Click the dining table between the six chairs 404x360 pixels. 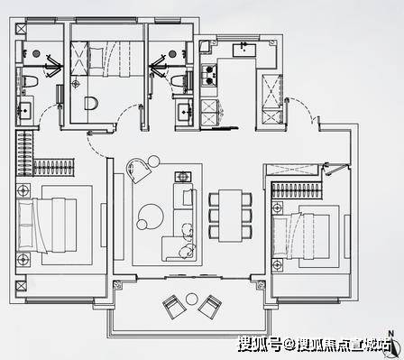230,216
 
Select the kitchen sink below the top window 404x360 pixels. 244,50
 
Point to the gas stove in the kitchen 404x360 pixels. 209,74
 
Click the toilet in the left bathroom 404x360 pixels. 31,82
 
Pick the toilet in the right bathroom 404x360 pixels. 179,81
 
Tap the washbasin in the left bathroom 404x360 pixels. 24,110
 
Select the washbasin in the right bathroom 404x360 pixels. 184,112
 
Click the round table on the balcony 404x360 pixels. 191,299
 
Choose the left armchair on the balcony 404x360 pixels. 174,307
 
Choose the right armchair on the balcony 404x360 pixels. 210,307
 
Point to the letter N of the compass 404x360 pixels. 390,334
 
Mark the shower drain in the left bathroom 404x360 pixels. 36,53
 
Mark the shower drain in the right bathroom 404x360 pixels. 172,54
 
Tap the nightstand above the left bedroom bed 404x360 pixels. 23,190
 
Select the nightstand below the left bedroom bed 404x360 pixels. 23,259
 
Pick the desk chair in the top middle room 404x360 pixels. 91,103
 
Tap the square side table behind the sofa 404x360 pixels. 183,177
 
